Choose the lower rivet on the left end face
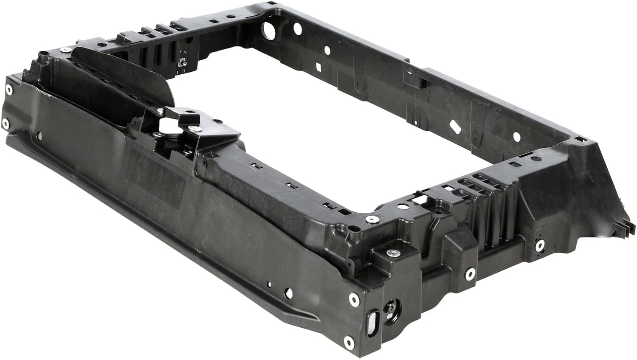tap(5, 124)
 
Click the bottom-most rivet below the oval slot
tap(349, 341)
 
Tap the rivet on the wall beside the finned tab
tap(540, 245)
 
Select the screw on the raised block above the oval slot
tap(390, 253)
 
